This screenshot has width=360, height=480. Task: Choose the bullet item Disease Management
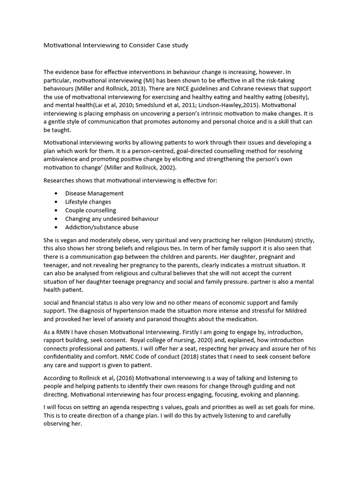point(94,193)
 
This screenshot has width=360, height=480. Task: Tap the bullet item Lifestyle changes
point(88,202)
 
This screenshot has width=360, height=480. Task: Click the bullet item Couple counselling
point(90,210)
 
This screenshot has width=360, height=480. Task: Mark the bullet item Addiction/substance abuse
point(102,227)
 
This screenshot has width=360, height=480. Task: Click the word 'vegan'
point(70,240)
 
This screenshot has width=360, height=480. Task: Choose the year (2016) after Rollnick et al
point(122,377)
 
